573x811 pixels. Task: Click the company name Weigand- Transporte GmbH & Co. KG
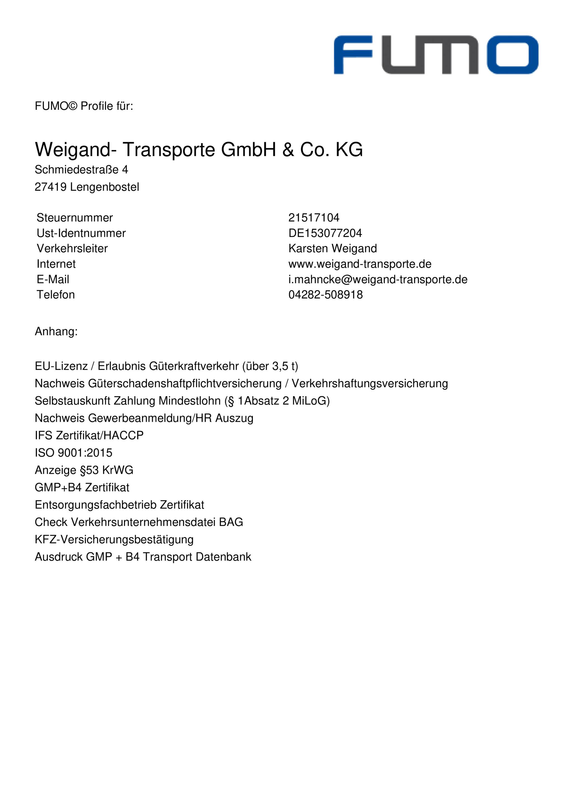[198, 149]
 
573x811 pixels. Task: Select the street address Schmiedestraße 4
[81, 170]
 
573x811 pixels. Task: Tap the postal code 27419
[50, 187]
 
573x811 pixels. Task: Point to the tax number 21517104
[314, 218]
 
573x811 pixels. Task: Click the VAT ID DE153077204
[325, 233]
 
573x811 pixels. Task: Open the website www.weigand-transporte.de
[360, 264]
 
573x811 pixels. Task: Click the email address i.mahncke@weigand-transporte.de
[377, 279]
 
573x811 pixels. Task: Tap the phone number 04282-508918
[325, 295]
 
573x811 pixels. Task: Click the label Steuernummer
[74, 218]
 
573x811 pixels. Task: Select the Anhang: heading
[56, 332]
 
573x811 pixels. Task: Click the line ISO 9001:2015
[73, 453]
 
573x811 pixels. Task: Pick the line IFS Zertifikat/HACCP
[89, 435]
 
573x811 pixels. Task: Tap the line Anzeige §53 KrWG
[84, 470]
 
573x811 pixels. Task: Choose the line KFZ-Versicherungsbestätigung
[114, 539]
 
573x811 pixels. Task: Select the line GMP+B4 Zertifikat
[82, 487]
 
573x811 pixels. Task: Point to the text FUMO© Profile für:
[84, 106]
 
